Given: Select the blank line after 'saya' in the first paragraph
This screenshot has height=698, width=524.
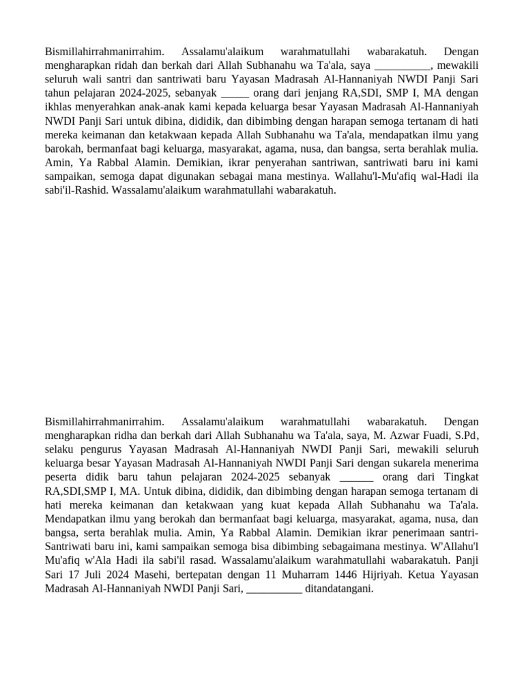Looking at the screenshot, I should pyautogui.click(x=403, y=65).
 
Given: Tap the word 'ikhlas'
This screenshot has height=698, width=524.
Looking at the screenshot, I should pyautogui.click(x=59, y=107).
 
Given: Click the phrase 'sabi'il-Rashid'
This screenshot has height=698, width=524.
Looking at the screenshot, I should pyautogui.click(x=73, y=190).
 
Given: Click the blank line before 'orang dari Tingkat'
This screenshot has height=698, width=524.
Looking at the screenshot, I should pyautogui.click(x=356, y=478).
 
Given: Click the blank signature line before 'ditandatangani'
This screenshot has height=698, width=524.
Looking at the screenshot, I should pyautogui.click(x=274, y=588).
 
